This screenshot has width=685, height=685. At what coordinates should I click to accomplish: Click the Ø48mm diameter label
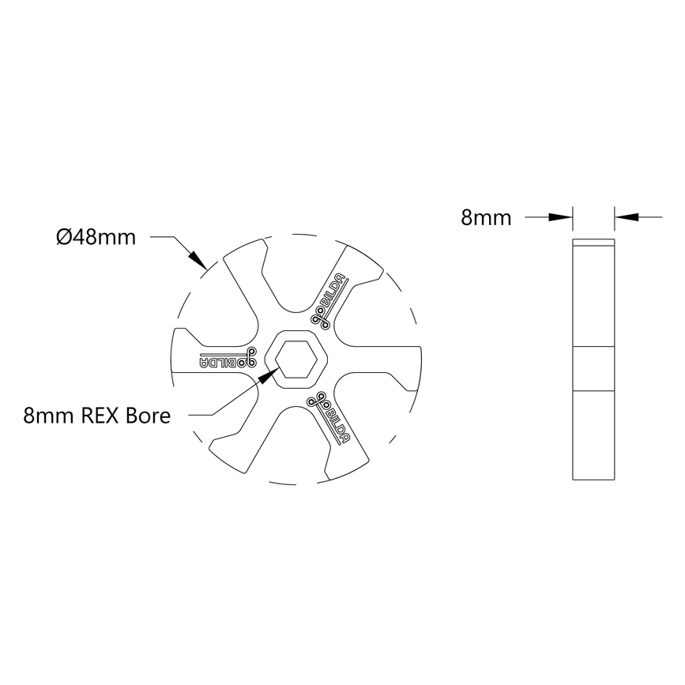pos(96,236)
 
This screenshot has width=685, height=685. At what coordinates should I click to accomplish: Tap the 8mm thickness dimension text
pos(486,218)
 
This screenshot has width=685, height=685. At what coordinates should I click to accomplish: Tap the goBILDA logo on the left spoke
pos(225,358)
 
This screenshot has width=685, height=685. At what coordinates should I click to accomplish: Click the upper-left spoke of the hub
pos(245,280)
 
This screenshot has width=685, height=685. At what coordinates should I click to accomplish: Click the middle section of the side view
pos(593,368)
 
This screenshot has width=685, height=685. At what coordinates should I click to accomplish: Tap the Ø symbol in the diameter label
pos(64,236)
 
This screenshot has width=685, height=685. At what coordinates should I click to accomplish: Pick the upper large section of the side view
pos(593,296)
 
